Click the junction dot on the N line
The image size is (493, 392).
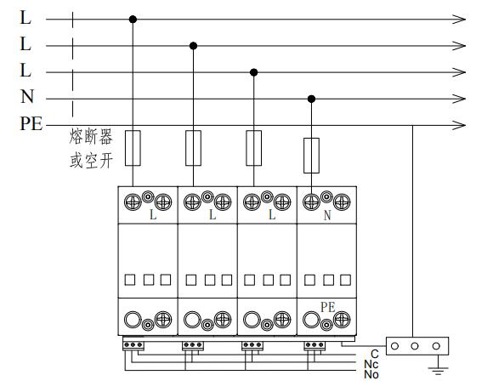pyautogui.click(x=311, y=99)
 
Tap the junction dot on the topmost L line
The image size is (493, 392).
pyautogui.click(x=133, y=20)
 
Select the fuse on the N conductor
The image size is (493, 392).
pyautogui.click(x=311, y=156)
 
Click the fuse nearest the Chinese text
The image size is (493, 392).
pyautogui.click(x=133, y=148)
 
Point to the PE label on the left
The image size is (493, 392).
pyautogui.click(x=31, y=123)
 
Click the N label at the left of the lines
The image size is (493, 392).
pyautogui.click(x=27, y=96)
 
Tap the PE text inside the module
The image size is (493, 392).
pyautogui.click(x=327, y=307)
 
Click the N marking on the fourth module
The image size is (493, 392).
pyautogui.click(x=327, y=215)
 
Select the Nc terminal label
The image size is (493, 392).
pyautogui.click(x=371, y=364)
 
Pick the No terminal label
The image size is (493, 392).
pyautogui.click(x=371, y=374)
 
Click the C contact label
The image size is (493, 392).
pyautogui.click(x=375, y=355)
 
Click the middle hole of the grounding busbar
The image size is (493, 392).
pyautogui.click(x=415, y=346)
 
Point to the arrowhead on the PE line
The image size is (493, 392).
pyautogui.click(x=459, y=125)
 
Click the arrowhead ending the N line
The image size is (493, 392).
pyautogui.click(x=459, y=99)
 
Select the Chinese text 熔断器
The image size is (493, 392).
pyautogui.click(x=91, y=137)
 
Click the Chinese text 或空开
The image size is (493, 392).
pyautogui.click(x=91, y=161)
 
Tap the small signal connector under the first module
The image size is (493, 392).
pyautogui.click(x=133, y=345)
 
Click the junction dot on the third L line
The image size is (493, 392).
pyautogui.click(x=254, y=72)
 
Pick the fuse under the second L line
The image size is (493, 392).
pyautogui.click(x=193, y=148)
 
